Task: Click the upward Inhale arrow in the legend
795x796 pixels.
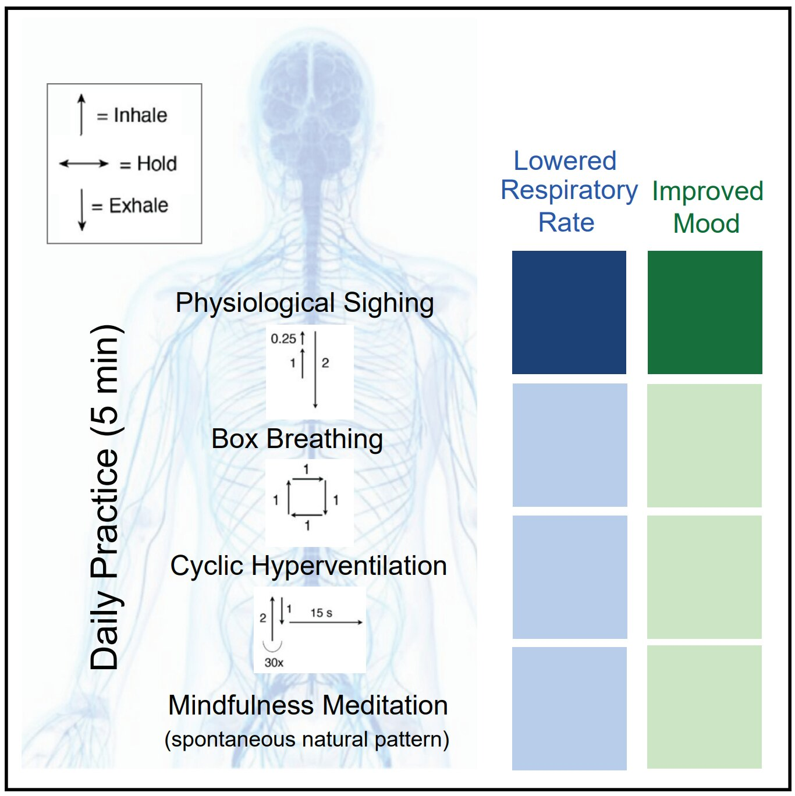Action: tap(81, 115)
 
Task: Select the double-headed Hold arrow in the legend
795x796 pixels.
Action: tap(84, 164)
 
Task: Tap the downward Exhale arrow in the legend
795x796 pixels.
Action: tap(82, 209)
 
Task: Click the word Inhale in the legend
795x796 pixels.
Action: tap(140, 115)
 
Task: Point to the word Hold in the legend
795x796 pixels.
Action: tap(157, 164)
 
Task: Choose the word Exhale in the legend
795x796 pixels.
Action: tap(139, 205)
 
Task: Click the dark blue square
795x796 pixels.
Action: tap(569, 312)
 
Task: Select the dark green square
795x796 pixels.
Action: tap(704, 312)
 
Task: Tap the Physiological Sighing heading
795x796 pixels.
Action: tap(304, 303)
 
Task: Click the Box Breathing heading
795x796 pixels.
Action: tap(297, 439)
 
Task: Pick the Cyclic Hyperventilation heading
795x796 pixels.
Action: tap(308, 566)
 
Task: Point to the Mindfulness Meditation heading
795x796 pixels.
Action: tap(308, 705)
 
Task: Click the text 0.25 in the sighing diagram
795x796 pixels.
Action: tap(283, 339)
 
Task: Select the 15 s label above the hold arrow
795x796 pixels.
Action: tap(321, 613)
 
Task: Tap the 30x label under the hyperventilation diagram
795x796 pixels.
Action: tap(274, 663)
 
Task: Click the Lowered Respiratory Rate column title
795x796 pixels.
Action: tap(568, 191)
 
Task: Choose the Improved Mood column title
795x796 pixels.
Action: tap(707, 207)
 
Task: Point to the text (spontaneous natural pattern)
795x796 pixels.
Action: tap(307, 740)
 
